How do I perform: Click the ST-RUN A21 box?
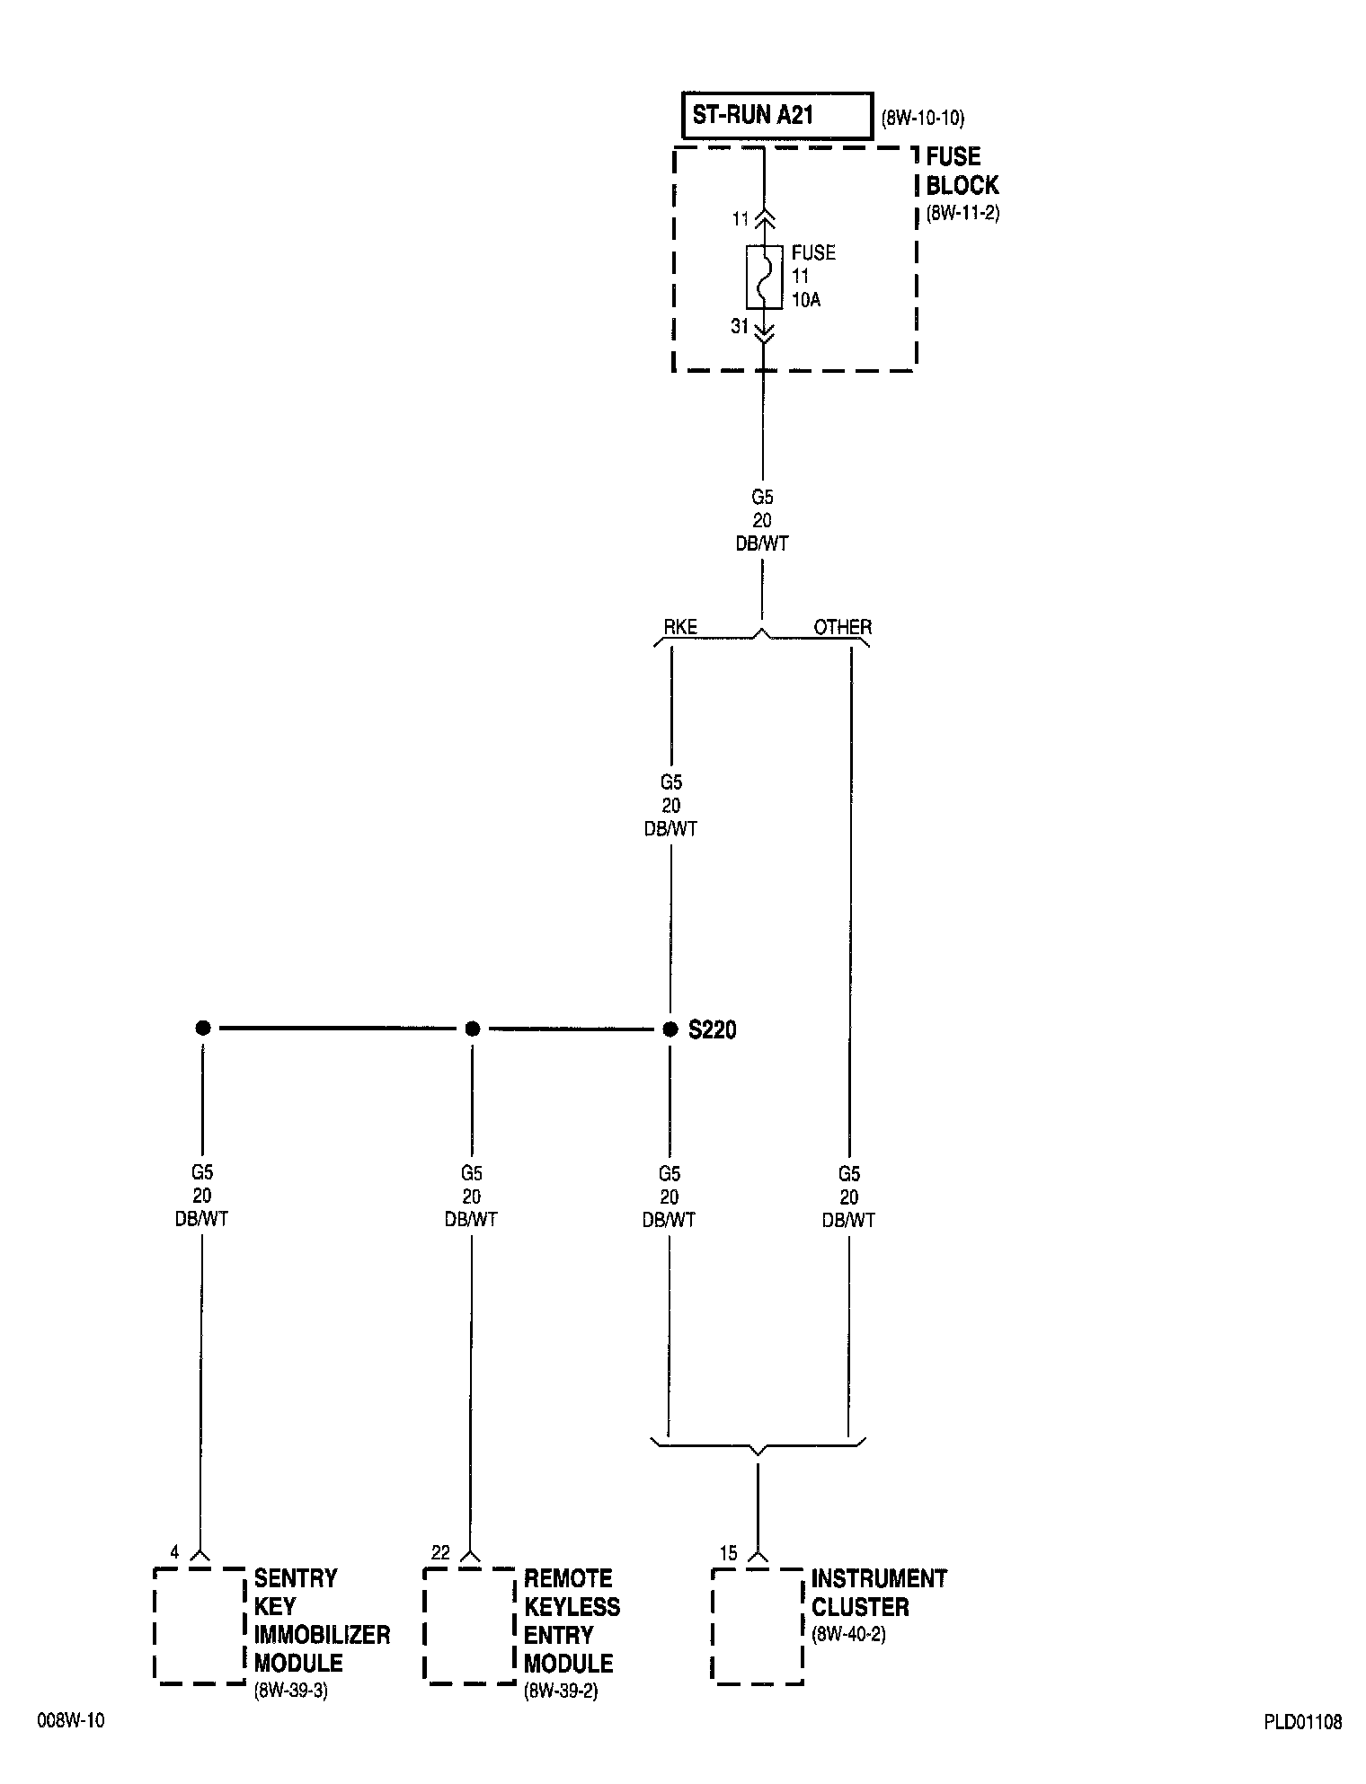point(776,116)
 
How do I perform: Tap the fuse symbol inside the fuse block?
point(763,277)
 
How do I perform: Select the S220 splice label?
point(713,1030)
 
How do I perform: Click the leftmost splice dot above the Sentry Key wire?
point(203,1029)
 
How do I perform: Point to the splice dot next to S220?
point(670,1029)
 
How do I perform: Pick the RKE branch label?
point(680,627)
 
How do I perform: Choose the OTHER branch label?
point(842,627)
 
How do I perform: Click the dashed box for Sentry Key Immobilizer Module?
point(200,1624)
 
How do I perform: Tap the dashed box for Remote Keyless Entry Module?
point(469,1624)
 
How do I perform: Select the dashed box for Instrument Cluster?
point(757,1624)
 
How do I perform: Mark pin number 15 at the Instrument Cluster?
point(728,1553)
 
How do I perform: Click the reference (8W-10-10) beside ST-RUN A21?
point(923,118)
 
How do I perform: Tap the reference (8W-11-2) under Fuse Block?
point(962,215)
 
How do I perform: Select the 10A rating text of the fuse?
point(806,300)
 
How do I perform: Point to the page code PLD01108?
point(1302,1722)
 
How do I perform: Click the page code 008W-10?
point(71,1720)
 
